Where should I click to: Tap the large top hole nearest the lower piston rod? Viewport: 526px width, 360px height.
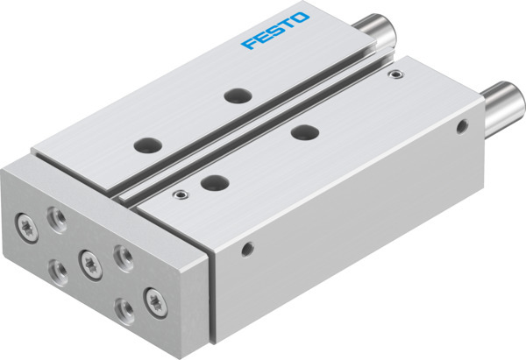[304, 132]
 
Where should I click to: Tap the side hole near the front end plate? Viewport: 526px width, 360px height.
[248, 250]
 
